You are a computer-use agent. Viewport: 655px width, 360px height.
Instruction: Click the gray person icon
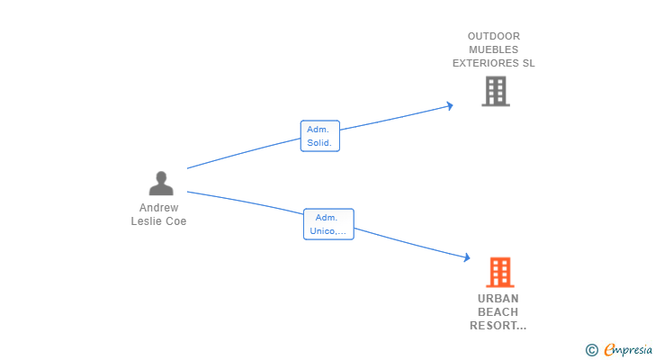tap(161, 183)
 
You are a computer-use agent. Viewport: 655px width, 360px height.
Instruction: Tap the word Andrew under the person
tap(158, 208)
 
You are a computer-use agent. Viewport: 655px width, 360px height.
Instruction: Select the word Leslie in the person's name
tap(145, 220)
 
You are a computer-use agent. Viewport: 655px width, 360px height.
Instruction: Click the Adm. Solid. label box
tap(320, 136)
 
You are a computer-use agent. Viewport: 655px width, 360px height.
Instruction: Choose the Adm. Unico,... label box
tap(328, 224)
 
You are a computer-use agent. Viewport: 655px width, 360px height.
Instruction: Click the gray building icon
tap(496, 91)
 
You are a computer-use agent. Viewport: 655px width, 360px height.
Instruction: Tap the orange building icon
tap(500, 273)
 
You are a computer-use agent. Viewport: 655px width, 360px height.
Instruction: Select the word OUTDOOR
tap(494, 36)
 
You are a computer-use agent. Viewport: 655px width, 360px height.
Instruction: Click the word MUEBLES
tap(493, 49)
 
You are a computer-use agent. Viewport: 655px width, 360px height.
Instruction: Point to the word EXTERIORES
tap(486, 63)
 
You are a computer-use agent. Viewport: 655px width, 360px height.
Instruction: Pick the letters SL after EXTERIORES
tap(528, 63)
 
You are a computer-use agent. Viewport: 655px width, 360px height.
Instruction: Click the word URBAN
tap(498, 299)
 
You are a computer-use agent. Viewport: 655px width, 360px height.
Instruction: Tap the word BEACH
tap(498, 312)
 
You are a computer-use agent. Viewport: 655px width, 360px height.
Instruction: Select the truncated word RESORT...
tap(498, 325)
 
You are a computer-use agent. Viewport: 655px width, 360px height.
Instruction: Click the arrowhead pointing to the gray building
tap(450, 105)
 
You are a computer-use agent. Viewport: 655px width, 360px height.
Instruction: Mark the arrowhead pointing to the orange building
tap(467, 257)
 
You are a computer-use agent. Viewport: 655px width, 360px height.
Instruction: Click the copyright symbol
tap(591, 350)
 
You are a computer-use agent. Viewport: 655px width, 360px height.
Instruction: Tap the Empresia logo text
tap(628, 350)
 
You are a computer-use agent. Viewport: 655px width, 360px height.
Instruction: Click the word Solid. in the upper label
tap(319, 142)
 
